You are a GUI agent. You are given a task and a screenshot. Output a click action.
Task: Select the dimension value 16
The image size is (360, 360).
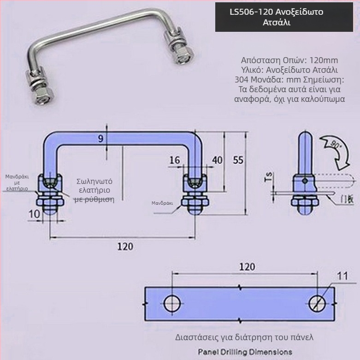pos(175,160)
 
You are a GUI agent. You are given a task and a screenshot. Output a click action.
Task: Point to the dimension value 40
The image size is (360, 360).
pos(217,160)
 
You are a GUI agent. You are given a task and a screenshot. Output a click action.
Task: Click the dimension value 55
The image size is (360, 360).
pos(238,160)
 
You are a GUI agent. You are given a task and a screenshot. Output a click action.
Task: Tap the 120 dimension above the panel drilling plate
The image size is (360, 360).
pos(247,266)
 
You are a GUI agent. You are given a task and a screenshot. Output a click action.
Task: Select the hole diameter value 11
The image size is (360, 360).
pos(341,276)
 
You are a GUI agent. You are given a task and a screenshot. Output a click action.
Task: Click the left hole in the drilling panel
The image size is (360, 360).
pos(172,303)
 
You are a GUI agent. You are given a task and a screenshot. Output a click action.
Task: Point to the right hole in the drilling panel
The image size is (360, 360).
pos(317,303)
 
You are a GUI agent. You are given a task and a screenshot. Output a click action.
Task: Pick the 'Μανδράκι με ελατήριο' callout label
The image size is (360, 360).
pos(17,183)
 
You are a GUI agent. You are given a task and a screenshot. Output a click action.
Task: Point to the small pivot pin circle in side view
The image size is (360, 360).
pos(305,181)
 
